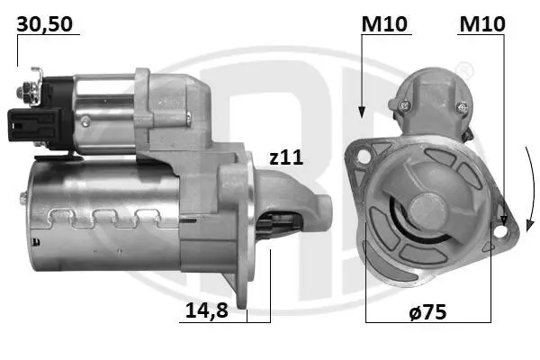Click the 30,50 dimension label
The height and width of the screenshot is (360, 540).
(44, 24)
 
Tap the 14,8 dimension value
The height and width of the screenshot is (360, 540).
(207, 310)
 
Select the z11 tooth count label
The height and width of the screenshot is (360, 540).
(286, 157)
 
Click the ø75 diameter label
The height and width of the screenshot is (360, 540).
(427, 311)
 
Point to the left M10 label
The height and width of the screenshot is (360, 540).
(384, 23)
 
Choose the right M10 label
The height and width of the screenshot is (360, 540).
(482, 23)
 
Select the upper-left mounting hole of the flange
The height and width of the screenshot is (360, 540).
(364, 157)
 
